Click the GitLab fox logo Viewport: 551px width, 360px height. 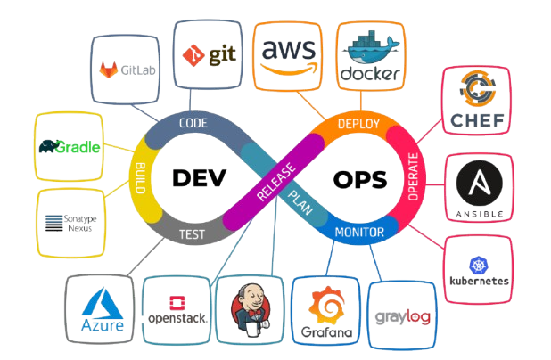pyautogui.click(x=108, y=70)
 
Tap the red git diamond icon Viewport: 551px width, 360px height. pyautogui.click(x=193, y=55)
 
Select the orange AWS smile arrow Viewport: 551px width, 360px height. pyautogui.click(x=289, y=69)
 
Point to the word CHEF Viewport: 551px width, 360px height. pyautogui.click(x=477, y=120)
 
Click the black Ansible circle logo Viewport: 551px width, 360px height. pyautogui.click(x=480, y=183)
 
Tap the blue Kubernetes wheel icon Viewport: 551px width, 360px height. pyautogui.click(x=479, y=265)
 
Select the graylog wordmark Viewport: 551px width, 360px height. pyautogui.click(x=403, y=317)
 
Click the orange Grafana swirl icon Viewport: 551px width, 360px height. pyautogui.click(x=326, y=305)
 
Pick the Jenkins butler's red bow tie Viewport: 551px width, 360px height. pyautogui.click(x=253, y=313)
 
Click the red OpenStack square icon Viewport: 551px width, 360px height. pyautogui.click(x=177, y=303)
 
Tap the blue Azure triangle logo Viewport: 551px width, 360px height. pyautogui.click(x=102, y=303)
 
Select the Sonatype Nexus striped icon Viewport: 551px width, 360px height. pyautogui.click(x=53, y=223)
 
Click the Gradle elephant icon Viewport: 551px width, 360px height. pyautogui.click(x=49, y=146)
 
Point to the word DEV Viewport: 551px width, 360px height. pyautogui.click(x=199, y=177)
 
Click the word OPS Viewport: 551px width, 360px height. pyautogui.click(x=360, y=180)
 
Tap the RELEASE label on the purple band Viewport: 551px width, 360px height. pyautogui.click(x=275, y=182)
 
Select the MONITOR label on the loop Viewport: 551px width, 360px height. pyautogui.click(x=359, y=233)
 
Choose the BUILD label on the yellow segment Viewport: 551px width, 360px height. pyautogui.click(x=140, y=177)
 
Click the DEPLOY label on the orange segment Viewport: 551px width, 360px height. pyautogui.click(x=358, y=124)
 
